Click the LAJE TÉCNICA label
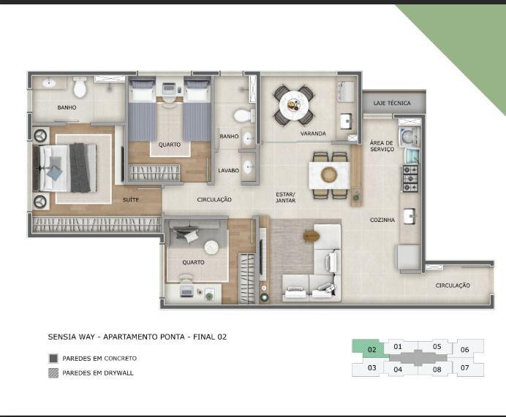(x=392, y=103)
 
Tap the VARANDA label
(x=313, y=134)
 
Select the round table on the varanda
(x=294, y=105)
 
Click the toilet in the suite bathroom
(x=80, y=87)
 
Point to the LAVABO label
(x=228, y=170)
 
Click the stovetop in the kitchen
(x=410, y=178)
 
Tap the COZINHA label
(x=382, y=220)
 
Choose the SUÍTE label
(x=131, y=200)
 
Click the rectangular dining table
(x=330, y=175)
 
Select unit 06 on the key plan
(x=465, y=349)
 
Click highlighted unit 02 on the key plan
(x=371, y=348)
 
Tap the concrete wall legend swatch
(x=53, y=359)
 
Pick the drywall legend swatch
(x=53, y=373)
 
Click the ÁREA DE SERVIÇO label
(x=382, y=145)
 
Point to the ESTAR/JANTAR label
(x=286, y=197)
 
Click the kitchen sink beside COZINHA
(x=409, y=215)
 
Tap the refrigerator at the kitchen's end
(x=407, y=258)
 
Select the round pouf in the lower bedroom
(x=211, y=248)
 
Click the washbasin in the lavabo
(x=248, y=167)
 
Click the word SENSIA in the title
(x=60, y=337)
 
